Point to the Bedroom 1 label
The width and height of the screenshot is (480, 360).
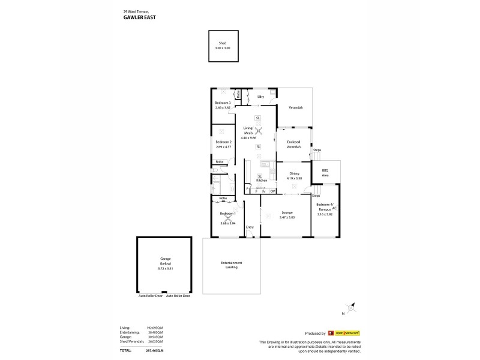point(227,214)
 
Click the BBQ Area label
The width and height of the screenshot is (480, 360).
point(325,172)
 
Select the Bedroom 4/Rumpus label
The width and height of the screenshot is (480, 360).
point(325,207)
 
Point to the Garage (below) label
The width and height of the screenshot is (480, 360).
point(166,262)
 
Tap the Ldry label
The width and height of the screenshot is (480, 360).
point(261,96)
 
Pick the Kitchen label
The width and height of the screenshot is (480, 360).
point(262,180)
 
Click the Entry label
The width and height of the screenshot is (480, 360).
point(250,227)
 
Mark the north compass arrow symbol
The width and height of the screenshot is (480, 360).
point(354,307)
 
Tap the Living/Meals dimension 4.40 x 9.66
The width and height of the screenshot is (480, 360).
point(257,138)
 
